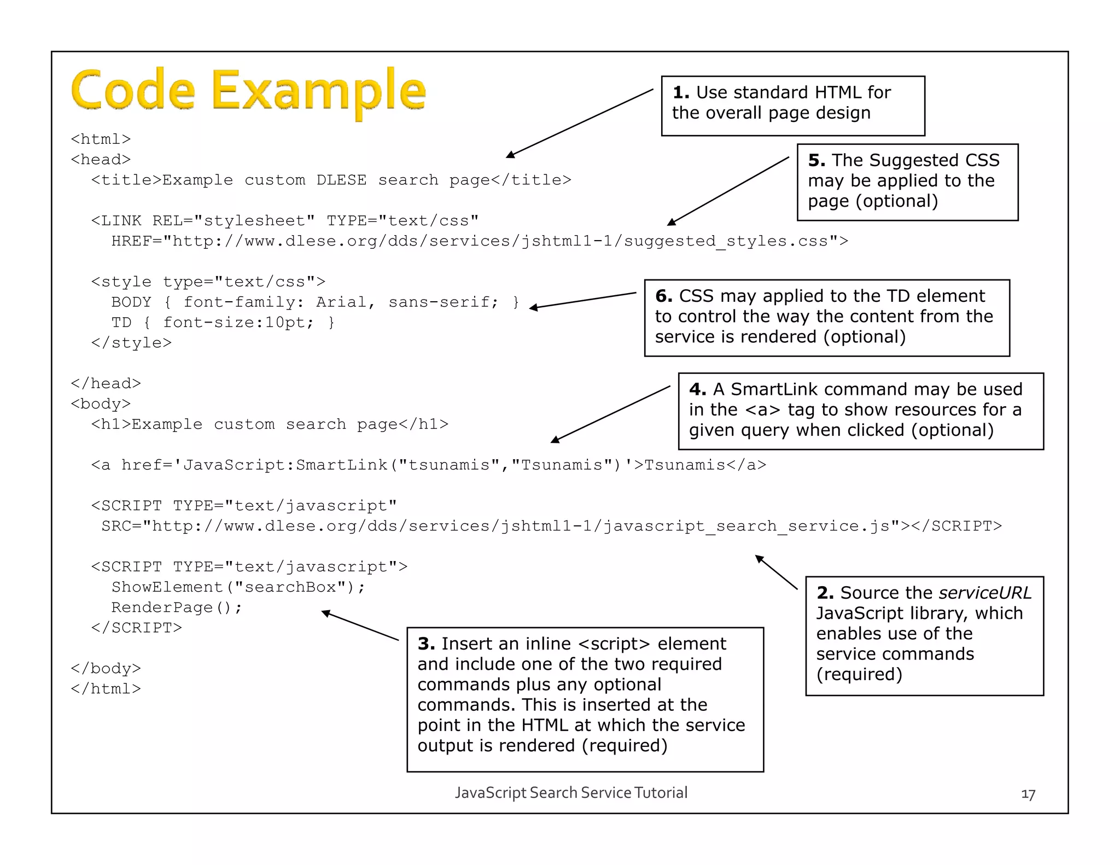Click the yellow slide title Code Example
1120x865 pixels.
[x=248, y=90]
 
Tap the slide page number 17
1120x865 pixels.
[x=1028, y=794]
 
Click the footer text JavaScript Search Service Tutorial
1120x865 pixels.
[x=571, y=793]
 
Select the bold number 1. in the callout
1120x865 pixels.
[x=681, y=92]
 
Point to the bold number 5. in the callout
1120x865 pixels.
[x=816, y=160]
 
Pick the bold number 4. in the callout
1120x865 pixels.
[x=697, y=389]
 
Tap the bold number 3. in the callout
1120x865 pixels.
[x=426, y=644]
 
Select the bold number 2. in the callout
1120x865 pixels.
[x=825, y=593]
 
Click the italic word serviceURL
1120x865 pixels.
[x=985, y=593]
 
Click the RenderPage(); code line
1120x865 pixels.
[x=176, y=607]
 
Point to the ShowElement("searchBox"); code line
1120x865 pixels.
[x=238, y=587]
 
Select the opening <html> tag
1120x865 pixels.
[x=101, y=139]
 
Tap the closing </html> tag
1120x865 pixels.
[x=106, y=689]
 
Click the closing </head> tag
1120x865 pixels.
[x=106, y=383]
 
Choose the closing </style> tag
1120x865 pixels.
[x=131, y=343]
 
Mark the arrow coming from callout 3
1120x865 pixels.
[x=360, y=626]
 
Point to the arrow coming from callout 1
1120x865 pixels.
[x=580, y=124]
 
